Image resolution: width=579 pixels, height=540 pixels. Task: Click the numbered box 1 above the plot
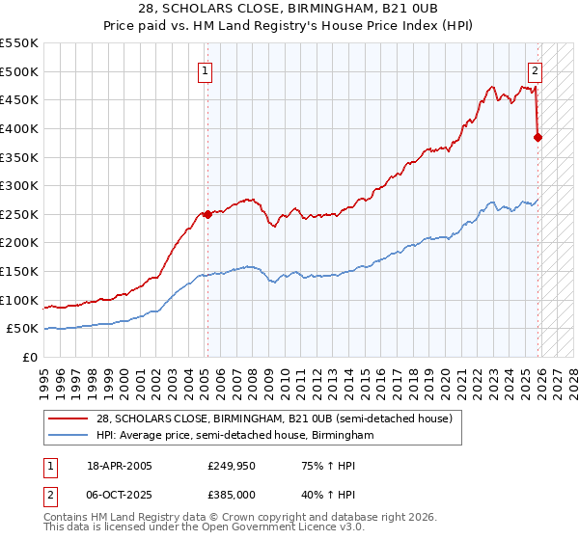tap(207, 69)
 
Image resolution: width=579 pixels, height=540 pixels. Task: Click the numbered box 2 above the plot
tap(535, 69)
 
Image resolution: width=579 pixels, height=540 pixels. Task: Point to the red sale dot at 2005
tap(207, 215)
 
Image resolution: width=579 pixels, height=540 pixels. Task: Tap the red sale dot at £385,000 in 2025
tap(538, 137)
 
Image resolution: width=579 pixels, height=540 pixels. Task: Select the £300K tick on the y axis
tap(19, 185)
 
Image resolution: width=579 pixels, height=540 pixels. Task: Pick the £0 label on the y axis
tap(30, 357)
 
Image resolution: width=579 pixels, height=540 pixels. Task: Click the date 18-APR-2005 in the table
tap(120, 467)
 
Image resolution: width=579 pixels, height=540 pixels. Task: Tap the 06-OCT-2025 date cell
tap(120, 494)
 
